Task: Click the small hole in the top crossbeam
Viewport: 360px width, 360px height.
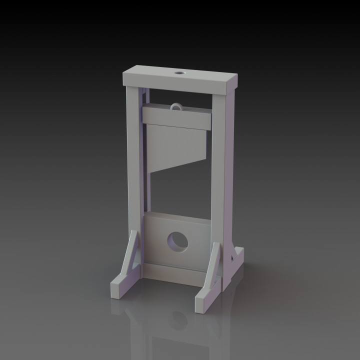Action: coord(178,74)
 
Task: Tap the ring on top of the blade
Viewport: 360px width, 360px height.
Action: coord(176,106)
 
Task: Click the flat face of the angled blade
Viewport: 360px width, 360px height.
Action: coord(175,145)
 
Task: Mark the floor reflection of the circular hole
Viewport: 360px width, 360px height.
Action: coord(177,320)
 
